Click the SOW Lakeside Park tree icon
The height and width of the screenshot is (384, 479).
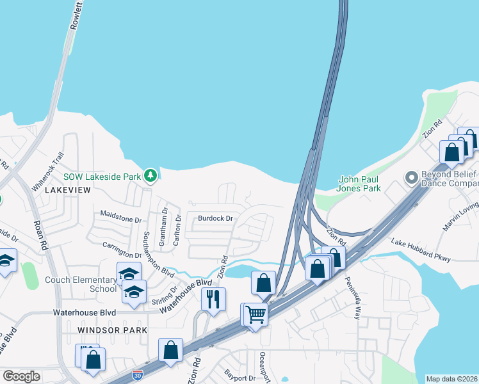[150, 175]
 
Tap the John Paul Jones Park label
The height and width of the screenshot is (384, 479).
[359, 184]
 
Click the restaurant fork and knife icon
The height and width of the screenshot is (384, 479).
[213, 298]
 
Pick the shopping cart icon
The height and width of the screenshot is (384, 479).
[256, 314]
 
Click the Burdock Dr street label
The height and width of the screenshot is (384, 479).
[215, 218]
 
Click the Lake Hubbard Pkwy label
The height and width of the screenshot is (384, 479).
[421, 250]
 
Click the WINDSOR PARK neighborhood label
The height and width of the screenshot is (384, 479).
[112, 330]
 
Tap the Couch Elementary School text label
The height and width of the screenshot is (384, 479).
[81, 284]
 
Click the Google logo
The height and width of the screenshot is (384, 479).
[21, 376]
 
